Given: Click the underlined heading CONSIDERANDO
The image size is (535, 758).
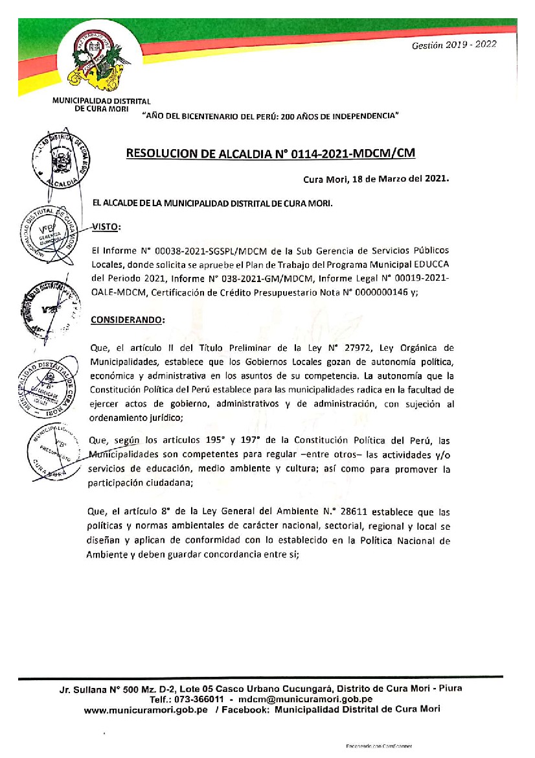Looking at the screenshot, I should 128,320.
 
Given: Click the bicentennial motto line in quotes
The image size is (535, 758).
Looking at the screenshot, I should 270,116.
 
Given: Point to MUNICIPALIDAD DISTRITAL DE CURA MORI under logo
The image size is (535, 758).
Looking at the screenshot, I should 102,105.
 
